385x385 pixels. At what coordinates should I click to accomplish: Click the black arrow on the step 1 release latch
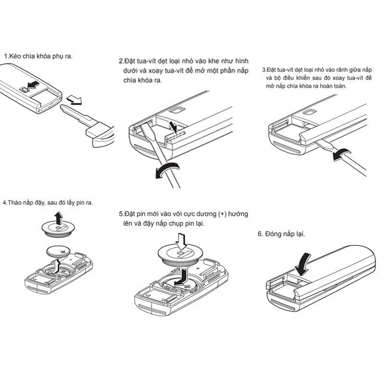[33, 85]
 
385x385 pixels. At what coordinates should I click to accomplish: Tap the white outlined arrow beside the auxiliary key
[74, 100]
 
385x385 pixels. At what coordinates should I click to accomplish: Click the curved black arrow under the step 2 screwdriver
[167, 170]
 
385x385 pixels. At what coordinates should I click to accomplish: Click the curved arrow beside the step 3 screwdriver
[341, 154]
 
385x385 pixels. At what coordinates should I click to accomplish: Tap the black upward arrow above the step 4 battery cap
[59, 218]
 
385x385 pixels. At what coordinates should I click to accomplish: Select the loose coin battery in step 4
[58, 252]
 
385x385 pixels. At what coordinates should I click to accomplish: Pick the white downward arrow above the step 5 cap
[181, 242]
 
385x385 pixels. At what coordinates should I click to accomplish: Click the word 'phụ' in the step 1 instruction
[58, 56]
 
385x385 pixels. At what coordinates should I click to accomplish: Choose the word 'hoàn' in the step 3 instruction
[326, 86]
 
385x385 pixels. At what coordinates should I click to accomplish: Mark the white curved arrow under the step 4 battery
[56, 266]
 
